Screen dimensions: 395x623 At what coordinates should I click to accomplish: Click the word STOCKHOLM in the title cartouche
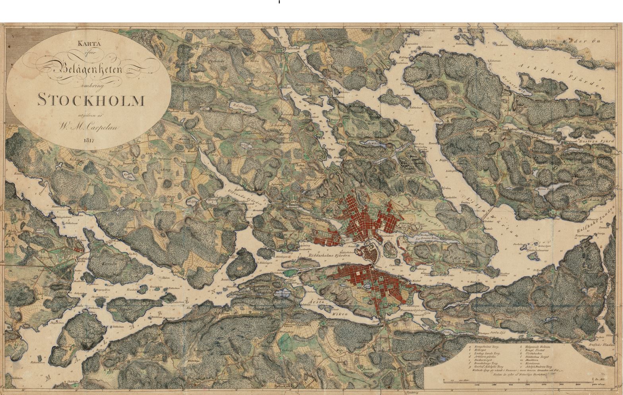tap(91, 100)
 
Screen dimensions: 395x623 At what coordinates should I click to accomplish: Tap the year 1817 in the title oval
tap(89, 140)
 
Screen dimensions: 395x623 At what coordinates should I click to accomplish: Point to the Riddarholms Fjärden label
tap(329, 256)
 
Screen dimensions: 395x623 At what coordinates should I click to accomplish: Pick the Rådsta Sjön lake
tap(243, 107)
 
